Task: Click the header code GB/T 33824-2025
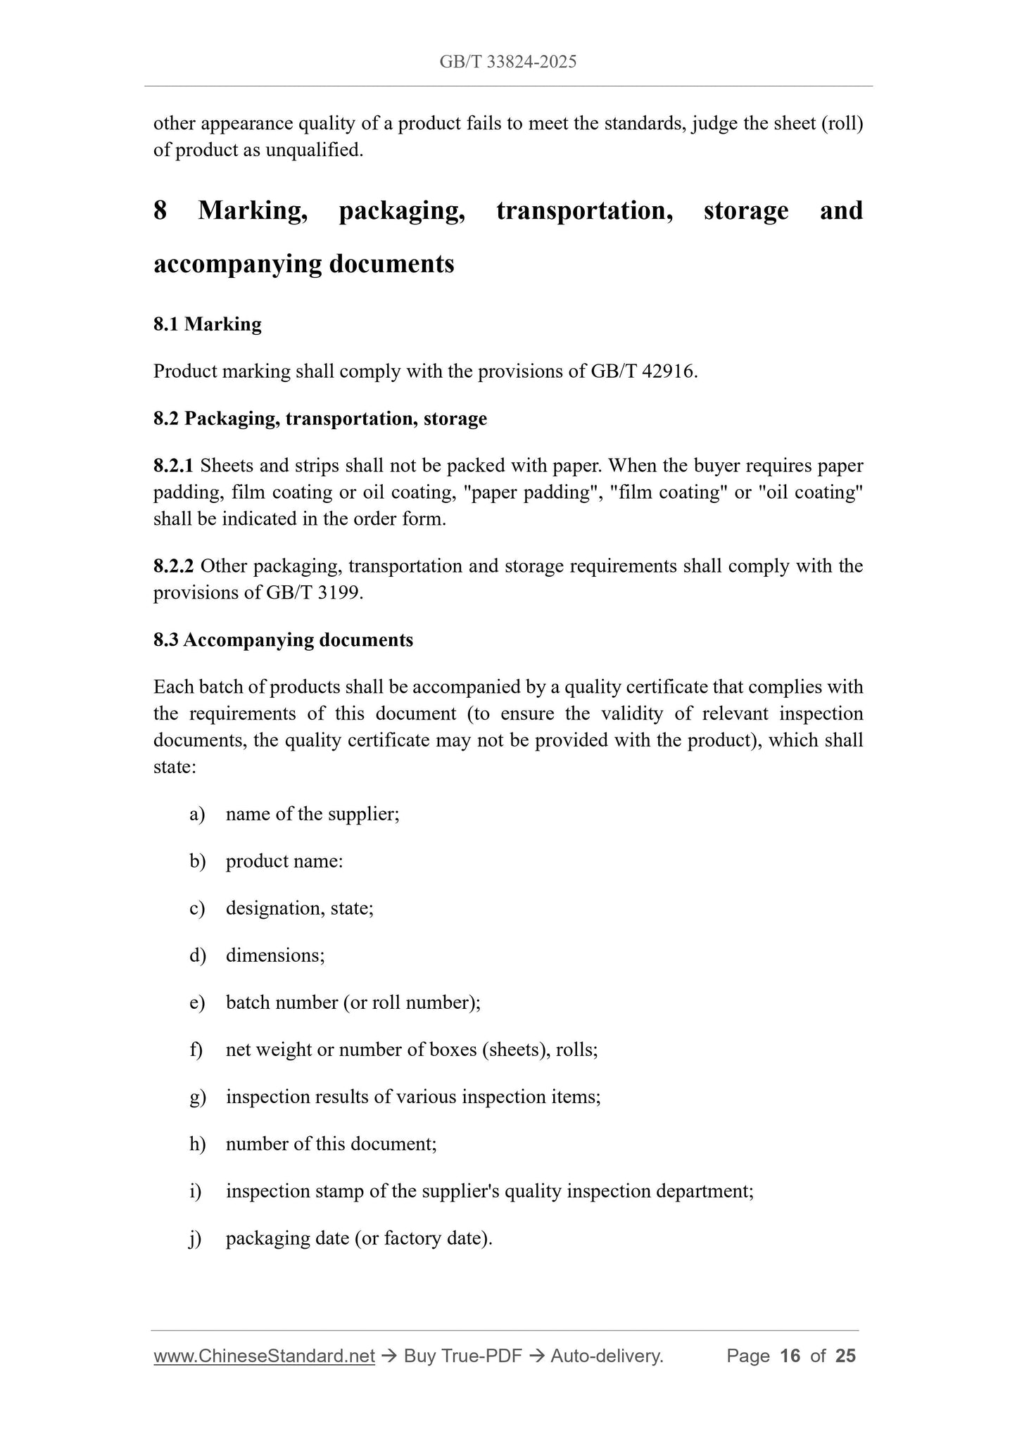pos(507,62)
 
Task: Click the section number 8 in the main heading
pos(160,210)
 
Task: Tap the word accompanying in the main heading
pos(234,265)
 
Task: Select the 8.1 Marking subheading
pos(207,324)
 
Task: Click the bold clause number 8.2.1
pos(172,466)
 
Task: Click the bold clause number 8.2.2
pos(172,566)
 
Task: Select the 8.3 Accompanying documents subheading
pos(283,640)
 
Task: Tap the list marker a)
pos(197,815)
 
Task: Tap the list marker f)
pos(196,1050)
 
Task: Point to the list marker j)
pos(196,1238)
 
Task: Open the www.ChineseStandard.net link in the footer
pos(264,1356)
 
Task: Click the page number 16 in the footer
pos(790,1356)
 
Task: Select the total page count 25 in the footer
pos(845,1356)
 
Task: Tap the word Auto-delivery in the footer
pos(606,1356)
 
